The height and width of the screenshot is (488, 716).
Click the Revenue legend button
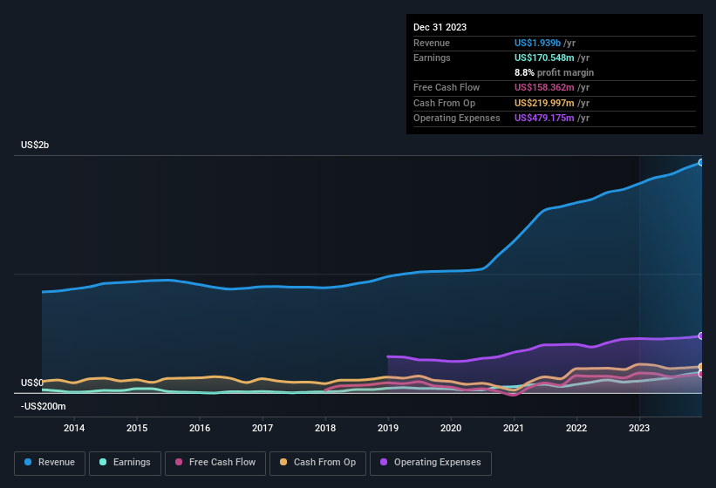coord(50,463)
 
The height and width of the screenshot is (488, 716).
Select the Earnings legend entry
coord(125,463)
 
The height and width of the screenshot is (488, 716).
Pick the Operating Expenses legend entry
coord(431,463)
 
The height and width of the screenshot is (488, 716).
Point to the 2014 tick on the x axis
coord(74,428)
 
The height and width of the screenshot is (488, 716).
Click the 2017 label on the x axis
coord(263,428)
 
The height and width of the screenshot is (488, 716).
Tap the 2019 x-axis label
coord(388,428)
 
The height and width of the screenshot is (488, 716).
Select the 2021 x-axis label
coord(514,428)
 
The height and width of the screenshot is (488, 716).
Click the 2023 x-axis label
coord(639,428)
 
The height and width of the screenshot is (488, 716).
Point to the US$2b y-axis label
coord(35,145)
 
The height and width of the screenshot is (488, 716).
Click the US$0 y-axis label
coord(32,383)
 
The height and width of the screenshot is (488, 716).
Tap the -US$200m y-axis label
coord(43,406)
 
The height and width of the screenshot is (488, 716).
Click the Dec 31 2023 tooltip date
coord(440,27)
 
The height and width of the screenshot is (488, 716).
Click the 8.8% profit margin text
coord(554,72)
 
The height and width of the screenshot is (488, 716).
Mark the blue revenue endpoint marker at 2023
coord(700,162)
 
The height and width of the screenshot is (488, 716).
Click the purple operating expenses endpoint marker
coord(700,335)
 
